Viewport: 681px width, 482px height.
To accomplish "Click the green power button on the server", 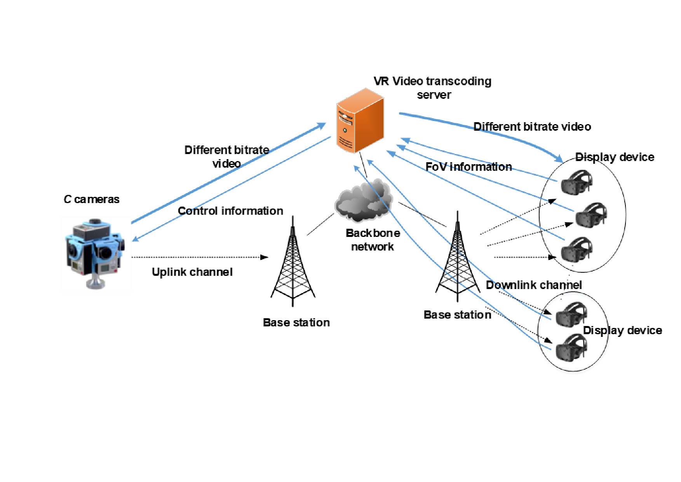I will (x=345, y=130).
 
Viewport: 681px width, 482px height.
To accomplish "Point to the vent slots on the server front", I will (x=345, y=142).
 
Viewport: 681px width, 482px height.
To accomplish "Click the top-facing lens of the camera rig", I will (x=94, y=222).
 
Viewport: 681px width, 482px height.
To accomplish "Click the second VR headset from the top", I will (x=591, y=215).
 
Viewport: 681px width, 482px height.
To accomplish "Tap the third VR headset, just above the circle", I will (x=576, y=250).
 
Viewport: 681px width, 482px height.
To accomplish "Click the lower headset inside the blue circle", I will (x=571, y=347).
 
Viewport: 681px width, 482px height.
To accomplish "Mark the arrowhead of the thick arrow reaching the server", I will (x=322, y=125).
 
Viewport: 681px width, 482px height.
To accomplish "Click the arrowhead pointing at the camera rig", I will (x=136, y=239).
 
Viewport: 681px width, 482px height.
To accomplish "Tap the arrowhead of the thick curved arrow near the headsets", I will (x=559, y=159).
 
